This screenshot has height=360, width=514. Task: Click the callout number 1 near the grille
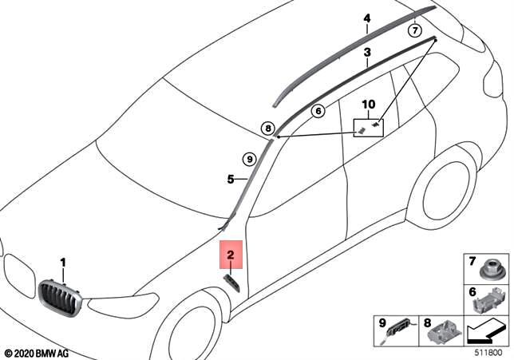click(64, 262)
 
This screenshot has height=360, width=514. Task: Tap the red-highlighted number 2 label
click(230, 255)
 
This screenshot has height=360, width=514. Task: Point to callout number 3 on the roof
click(366, 53)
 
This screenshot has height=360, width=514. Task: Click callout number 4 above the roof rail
click(367, 18)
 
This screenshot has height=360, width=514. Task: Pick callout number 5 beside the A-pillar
click(230, 180)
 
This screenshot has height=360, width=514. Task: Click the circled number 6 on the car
click(317, 111)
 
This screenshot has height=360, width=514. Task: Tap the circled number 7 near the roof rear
click(414, 31)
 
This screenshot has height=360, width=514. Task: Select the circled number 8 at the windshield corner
click(267, 128)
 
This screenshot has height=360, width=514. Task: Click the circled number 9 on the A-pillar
click(248, 158)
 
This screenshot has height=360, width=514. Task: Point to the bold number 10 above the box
click(368, 105)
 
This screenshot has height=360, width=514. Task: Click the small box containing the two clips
click(369, 127)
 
